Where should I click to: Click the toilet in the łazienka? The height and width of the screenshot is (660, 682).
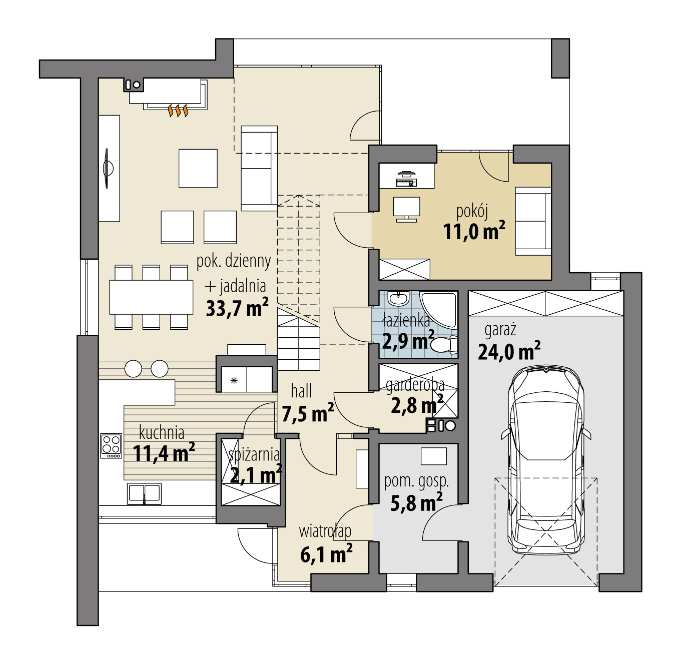pyautogui.click(x=444, y=345)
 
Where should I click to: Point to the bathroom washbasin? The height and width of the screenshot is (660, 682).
pyautogui.click(x=399, y=299)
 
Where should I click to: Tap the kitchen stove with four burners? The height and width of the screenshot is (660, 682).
pyautogui.click(x=111, y=445)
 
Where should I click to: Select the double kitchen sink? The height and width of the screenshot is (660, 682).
pyautogui.click(x=144, y=493)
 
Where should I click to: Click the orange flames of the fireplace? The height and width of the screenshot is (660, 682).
pyautogui.click(x=178, y=111)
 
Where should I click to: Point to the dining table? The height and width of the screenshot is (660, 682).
pyautogui.click(x=151, y=297)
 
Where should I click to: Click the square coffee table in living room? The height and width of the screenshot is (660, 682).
pyautogui.click(x=198, y=168)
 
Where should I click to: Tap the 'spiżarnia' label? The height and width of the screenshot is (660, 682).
pyautogui.click(x=254, y=454)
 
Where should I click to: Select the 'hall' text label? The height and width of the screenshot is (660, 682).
pyautogui.click(x=301, y=391)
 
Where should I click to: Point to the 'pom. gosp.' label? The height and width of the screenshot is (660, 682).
pyautogui.click(x=416, y=481)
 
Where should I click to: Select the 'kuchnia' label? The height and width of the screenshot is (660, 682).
pyautogui.click(x=161, y=432)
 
